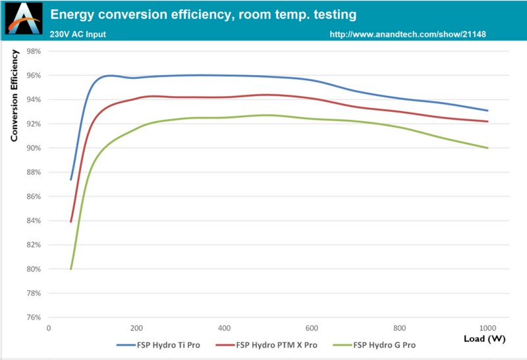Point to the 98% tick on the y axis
point(33,51)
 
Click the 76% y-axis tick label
point(33,317)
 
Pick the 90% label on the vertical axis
point(33,148)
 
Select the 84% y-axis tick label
point(33,220)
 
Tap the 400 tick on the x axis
point(224,328)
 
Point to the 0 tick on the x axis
point(48,328)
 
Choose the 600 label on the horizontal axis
point(312,328)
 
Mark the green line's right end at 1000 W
point(487,148)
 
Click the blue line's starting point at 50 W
point(70,180)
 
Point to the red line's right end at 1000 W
point(487,122)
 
